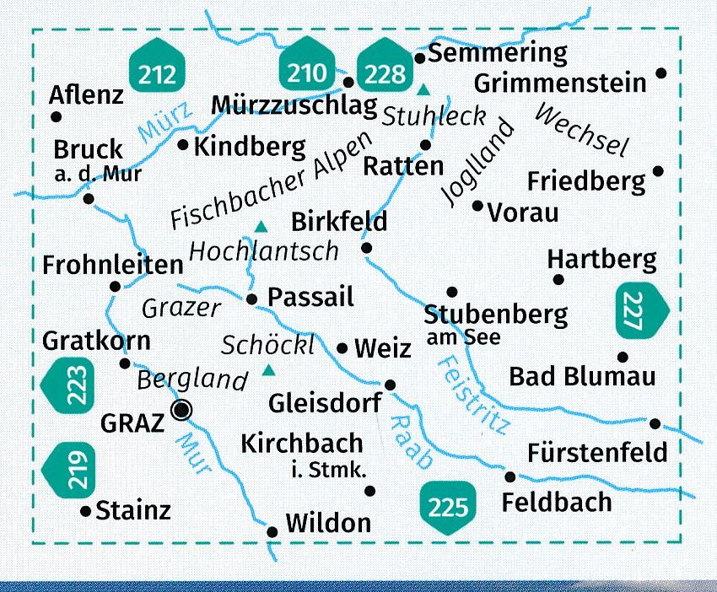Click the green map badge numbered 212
(159, 73)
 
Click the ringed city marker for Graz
(181, 411)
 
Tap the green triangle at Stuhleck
(424, 89)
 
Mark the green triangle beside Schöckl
(269, 369)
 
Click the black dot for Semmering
(419, 57)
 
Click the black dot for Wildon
(272, 532)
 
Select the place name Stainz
(133, 510)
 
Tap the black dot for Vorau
(477, 205)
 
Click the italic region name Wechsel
(582, 131)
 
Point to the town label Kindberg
(250, 147)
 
